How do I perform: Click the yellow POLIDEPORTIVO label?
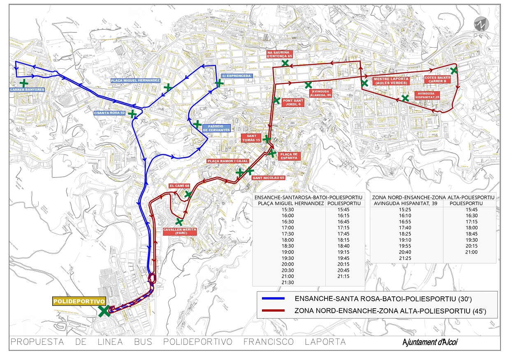(x=79, y=301)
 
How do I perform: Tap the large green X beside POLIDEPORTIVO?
(x=104, y=311)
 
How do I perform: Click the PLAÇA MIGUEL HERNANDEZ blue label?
(x=135, y=81)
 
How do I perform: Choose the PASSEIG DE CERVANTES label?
(x=216, y=128)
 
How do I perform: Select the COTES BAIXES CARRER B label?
(x=438, y=79)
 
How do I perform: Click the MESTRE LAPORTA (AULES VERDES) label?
(x=391, y=81)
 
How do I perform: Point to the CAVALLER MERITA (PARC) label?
(x=180, y=231)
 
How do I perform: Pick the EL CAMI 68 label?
(x=179, y=186)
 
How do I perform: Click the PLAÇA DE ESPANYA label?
(x=290, y=156)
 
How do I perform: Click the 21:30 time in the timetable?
(x=288, y=282)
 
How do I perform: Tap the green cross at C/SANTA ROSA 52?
(x=132, y=114)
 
